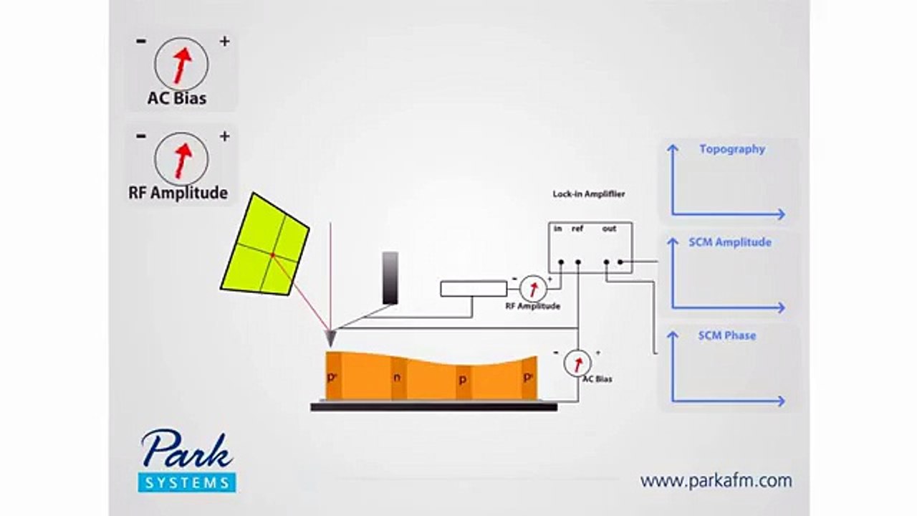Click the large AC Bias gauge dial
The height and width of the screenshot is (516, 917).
coord(181,64)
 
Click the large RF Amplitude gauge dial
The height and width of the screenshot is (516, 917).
coord(181,159)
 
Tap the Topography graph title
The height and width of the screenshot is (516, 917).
coord(732,150)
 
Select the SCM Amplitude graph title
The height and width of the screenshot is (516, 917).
coord(730,242)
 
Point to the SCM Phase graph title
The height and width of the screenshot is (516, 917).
coord(727,336)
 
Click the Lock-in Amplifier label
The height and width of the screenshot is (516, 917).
coord(589,194)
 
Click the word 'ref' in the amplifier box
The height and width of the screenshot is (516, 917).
coord(577,229)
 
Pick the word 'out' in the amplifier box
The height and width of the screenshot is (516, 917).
coord(609,229)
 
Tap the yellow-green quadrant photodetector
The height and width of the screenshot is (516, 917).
coord(265,244)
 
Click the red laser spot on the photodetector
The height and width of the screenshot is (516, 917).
coord(272,256)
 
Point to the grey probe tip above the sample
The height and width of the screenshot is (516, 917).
coord(330,338)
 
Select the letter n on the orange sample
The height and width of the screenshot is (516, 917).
coord(397,378)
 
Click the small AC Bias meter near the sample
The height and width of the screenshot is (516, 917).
coord(577,363)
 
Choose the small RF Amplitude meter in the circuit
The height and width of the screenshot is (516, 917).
coord(534,289)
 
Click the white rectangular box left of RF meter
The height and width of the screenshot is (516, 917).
coord(474,289)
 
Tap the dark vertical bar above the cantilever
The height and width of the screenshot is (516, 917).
coord(390,278)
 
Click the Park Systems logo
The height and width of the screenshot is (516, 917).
coord(187,460)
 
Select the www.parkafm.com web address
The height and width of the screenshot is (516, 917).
coord(716,481)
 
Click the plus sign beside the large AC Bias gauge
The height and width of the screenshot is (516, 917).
coord(224,42)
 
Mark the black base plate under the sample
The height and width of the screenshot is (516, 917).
coord(434,406)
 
